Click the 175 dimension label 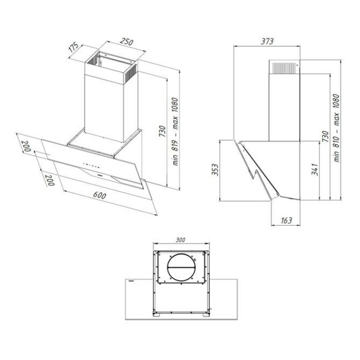(74, 47)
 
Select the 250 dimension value (127, 42)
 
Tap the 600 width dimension (99, 195)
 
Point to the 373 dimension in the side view (267, 41)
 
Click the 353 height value (215, 170)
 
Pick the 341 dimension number (315, 169)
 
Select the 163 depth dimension (286, 221)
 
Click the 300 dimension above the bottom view (181, 240)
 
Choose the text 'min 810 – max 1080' (336, 128)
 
